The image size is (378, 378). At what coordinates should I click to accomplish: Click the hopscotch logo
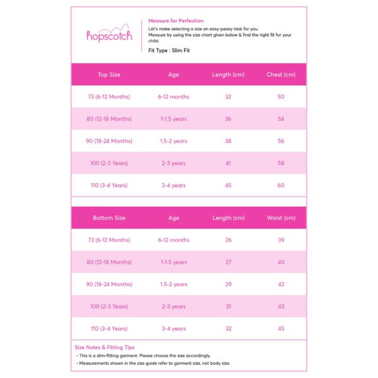tap(109, 35)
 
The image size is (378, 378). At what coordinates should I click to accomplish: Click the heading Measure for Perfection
tap(176, 21)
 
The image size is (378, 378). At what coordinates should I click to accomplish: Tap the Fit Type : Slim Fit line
tap(169, 50)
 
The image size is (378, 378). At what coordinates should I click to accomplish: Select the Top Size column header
tap(109, 74)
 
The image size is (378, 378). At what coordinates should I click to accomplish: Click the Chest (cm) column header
tap(280, 74)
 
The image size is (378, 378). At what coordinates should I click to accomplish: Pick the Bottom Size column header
tap(109, 218)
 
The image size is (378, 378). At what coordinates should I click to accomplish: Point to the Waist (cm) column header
tap(280, 218)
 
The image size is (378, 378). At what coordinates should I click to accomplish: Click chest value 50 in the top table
tap(280, 97)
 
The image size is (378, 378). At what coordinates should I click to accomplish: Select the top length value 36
tap(228, 119)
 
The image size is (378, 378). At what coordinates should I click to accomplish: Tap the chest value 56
tap(280, 141)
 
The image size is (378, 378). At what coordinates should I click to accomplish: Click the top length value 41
tap(228, 163)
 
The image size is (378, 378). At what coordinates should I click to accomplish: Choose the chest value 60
tap(280, 185)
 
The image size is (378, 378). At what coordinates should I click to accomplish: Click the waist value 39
tap(280, 240)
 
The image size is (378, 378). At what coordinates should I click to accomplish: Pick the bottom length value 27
tap(228, 262)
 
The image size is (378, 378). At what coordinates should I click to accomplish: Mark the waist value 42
tap(280, 284)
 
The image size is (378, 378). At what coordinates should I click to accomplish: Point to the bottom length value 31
tap(228, 307)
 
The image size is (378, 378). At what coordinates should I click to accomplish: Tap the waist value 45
tap(280, 328)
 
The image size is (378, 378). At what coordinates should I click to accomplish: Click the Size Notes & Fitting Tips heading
tap(104, 347)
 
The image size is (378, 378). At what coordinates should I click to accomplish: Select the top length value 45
tap(228, 185)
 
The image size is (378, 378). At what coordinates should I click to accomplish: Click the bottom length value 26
tap(228, 240)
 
